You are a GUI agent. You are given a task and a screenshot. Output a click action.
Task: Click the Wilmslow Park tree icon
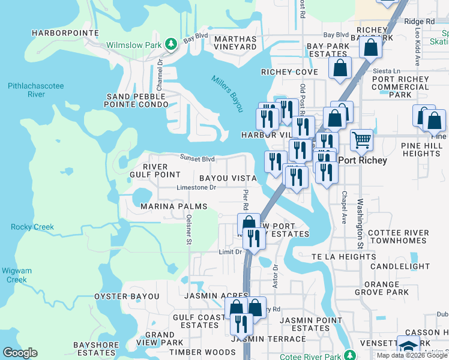tap(171, 44)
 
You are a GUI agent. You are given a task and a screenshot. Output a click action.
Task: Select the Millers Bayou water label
tap(227, 94)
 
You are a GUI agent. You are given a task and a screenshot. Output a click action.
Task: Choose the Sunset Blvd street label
tap(197, 158)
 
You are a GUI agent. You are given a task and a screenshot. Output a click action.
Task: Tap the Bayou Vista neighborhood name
tap(228, 178)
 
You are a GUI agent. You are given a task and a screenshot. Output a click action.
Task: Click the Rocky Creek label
tap(32, 227)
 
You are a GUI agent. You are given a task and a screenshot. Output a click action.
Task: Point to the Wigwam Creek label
tap(16, 275)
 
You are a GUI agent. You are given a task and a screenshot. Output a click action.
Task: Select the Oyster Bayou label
tap(127, 296)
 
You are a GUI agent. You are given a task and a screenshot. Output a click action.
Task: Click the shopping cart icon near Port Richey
tap(361, 140)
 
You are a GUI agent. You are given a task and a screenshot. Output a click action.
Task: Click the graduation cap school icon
tap(408, 347)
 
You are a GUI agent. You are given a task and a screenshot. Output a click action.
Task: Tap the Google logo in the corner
tap(20, 353)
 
